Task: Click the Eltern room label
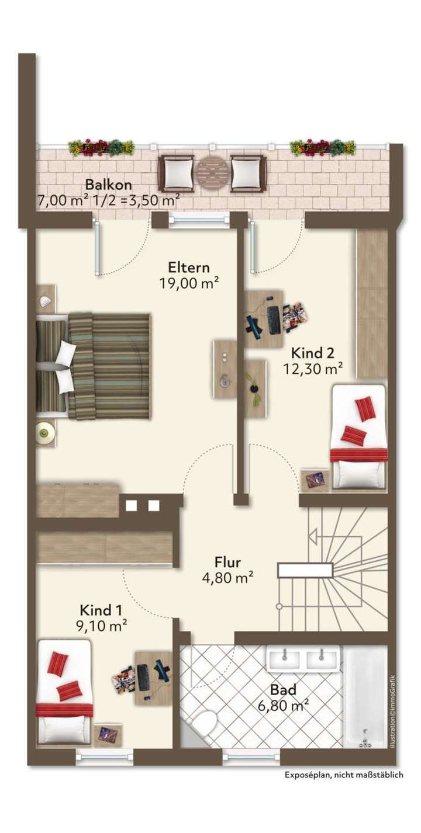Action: point(188,268)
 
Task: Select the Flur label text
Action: point(228,563)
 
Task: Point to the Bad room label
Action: point(284,690)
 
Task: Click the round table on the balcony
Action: point(212,173)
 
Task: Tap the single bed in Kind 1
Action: point(64,693)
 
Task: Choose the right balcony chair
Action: point(249,173)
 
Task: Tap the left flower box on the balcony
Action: point(101,147)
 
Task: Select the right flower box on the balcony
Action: point(322,147)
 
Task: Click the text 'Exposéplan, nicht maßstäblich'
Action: point(344,775)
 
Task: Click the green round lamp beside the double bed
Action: point(46,433)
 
